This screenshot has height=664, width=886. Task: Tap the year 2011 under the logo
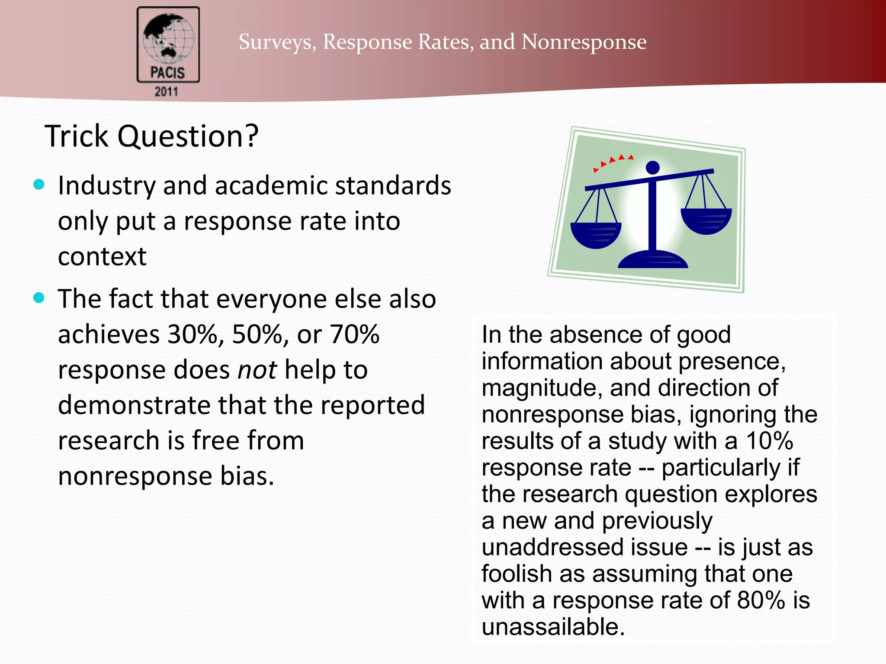[167, 92]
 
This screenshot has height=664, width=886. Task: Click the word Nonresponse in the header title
[584, 42]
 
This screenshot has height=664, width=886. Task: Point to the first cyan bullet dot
[39, 185]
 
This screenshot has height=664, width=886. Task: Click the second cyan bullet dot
[39, 298]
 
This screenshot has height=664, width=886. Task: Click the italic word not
[257, 370]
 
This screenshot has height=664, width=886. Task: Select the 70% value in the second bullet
[355, 335]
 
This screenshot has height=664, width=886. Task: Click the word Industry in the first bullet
[106, 186]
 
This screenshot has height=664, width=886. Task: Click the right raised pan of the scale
[706, 221]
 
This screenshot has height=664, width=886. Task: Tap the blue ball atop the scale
[652, 167]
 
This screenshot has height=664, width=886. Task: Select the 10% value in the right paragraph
[769, 441]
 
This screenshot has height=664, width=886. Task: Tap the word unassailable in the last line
[553, 627]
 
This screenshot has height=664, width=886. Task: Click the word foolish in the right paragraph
[516, 574]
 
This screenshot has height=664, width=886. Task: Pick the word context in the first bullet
[102, 256]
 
